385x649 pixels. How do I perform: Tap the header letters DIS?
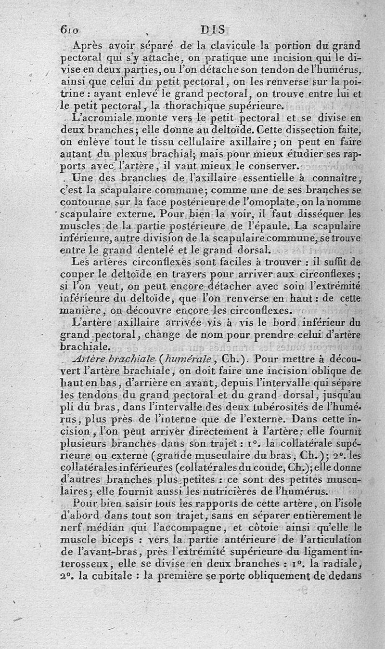tap(214, 29)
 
